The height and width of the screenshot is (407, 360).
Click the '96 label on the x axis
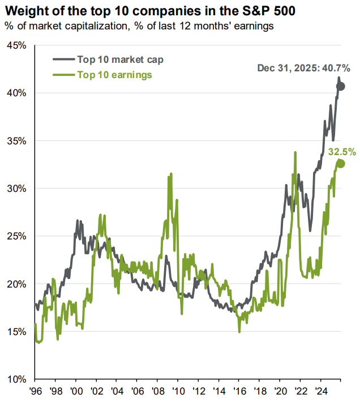(x=35, y=390)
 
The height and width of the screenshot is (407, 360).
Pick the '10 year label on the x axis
(x=178, y=390)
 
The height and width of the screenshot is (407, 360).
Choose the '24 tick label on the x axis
(x=320, y=390)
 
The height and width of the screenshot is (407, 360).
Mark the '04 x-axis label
(x=117, y=390)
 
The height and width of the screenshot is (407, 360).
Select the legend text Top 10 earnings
(x=114, y=75)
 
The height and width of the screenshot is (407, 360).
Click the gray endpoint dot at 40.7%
(x=341, y=87)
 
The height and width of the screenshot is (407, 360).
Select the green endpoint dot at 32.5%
(x=341, y=164)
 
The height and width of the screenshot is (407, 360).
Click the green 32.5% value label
(x=342, y=152)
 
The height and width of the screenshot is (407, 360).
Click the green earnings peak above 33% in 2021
(x=295, y=152)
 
